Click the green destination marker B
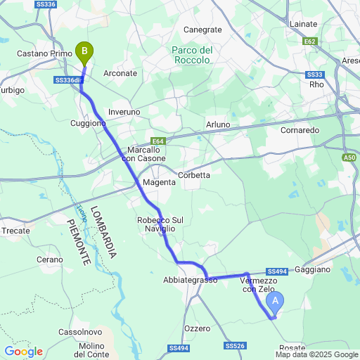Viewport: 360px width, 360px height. point(84,52)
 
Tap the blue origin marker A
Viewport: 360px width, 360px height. point(276,302)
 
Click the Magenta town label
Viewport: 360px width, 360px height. point(158,183)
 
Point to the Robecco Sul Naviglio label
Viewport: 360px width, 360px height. point(160,224)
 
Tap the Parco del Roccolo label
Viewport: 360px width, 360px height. point(192,55)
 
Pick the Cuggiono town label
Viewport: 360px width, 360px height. point(88,123)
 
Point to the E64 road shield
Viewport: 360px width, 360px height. point(158,141)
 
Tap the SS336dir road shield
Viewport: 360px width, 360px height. point(68,81)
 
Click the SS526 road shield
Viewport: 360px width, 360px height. point(235,346)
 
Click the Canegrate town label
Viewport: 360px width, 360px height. point(202,30)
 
